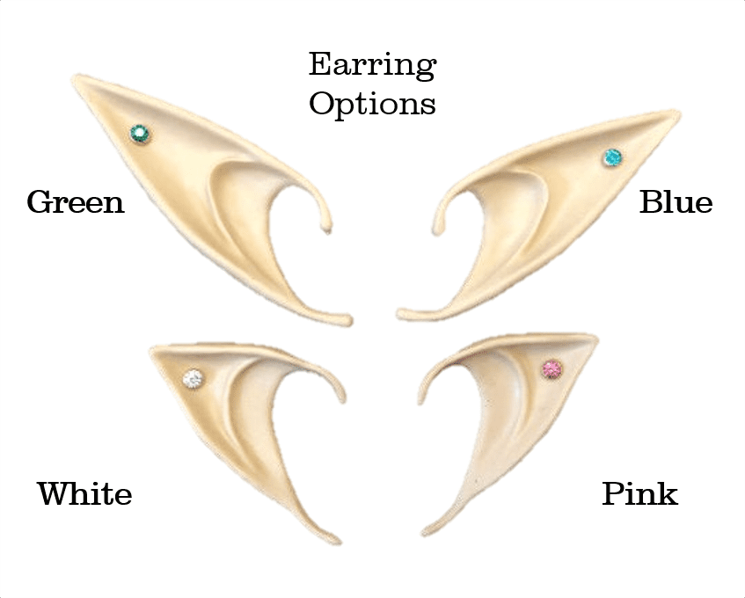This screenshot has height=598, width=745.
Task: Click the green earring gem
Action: [139, 134]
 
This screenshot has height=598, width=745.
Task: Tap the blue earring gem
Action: [611, 158]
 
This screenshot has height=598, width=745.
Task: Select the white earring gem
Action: [193, 378]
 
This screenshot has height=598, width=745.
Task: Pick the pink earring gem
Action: [552, 368]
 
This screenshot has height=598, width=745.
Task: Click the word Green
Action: [76, 202]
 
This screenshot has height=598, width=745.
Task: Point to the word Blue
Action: [676, 202]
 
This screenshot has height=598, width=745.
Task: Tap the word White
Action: [84, 493]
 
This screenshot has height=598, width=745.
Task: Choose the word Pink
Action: [639, 493]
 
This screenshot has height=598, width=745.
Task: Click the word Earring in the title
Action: [372, 65]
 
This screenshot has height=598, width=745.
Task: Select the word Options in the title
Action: [372, 104]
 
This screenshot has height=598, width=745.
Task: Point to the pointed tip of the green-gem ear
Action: [77, 79]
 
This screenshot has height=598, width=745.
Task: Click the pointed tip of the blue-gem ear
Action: [676, 114]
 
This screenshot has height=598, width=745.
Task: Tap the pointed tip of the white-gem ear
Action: [154, 351]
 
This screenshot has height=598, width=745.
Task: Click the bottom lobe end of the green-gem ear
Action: [347, 320]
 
